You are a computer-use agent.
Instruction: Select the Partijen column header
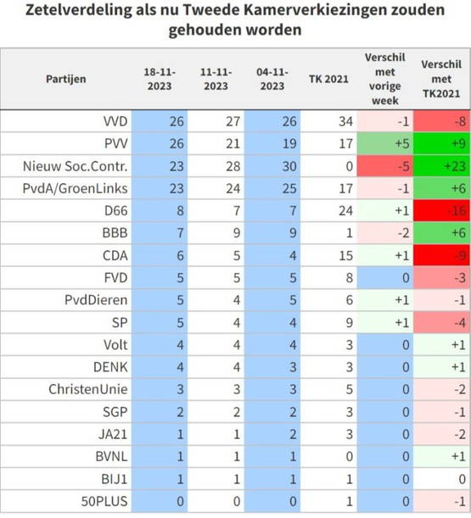tap(66, 79)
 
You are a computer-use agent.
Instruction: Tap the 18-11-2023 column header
tap(160, 79)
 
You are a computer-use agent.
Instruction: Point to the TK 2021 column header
tap(328, 79)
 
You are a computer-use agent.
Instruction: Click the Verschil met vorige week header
tap(385, 79)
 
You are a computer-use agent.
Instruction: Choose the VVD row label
tap(115, 121)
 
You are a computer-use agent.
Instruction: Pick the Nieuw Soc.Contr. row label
tap(75, 166)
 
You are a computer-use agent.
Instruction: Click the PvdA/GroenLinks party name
tap(75, 188)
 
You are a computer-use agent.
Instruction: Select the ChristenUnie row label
tap(88, 389)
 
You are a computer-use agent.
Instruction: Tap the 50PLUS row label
tap(104, 501)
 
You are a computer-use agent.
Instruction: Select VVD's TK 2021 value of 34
tap(345, 121)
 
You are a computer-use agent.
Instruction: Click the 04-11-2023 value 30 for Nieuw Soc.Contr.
tap(289, 166)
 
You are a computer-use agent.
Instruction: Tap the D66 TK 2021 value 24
tap(345, 210)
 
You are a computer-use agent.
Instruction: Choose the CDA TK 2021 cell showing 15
tap(345, 255)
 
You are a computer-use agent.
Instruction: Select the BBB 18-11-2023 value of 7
tap(180, 233)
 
